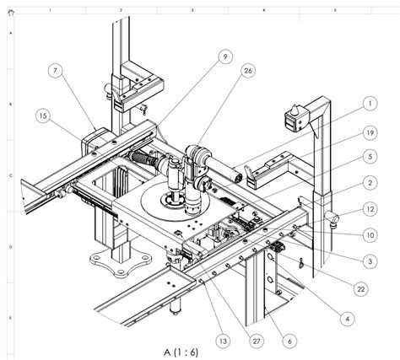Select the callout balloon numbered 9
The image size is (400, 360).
tap(225, 56)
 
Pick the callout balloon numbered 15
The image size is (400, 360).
tap(45, 115)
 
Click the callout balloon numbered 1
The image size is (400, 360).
tap(369, 105)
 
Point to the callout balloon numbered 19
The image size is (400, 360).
tap(369, 133)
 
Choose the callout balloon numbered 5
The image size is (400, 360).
tap(369, 156)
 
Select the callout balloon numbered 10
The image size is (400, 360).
tap(369, 235)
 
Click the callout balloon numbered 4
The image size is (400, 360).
tap(345, 318)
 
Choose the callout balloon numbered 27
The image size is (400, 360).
tap(256, 340)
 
